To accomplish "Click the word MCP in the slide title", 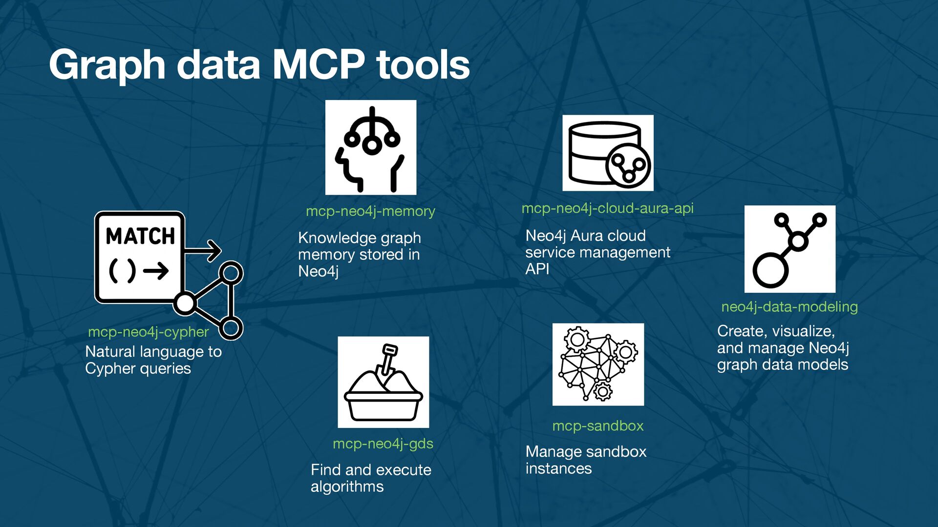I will point(319,64).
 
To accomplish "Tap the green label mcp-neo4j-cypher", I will point(148,332).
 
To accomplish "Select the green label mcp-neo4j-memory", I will point(370,211).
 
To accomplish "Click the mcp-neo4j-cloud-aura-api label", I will point(607,208).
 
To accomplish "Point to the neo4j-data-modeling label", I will point(789,307).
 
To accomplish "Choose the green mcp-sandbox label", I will point(597,426).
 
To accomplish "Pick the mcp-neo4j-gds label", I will point(383,444).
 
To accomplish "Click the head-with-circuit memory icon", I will point(371,147).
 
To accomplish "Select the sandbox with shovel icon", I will point(384,382).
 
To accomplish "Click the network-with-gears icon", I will point(598,364).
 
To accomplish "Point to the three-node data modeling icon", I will point(789,249).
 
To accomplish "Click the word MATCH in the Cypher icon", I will point(140,236).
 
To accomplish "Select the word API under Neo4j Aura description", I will point(537,269).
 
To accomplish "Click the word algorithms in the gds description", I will point(347,486).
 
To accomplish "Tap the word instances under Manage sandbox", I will point(558,468).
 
